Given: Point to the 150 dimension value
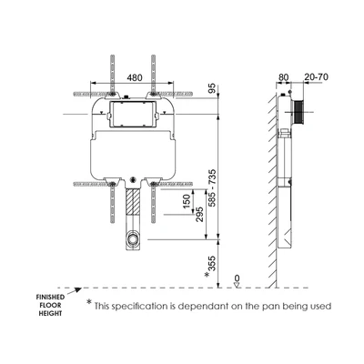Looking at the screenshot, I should click(187, 200).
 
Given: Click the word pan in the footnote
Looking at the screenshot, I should click(277, 307).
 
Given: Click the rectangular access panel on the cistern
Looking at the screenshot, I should click(134, 116).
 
